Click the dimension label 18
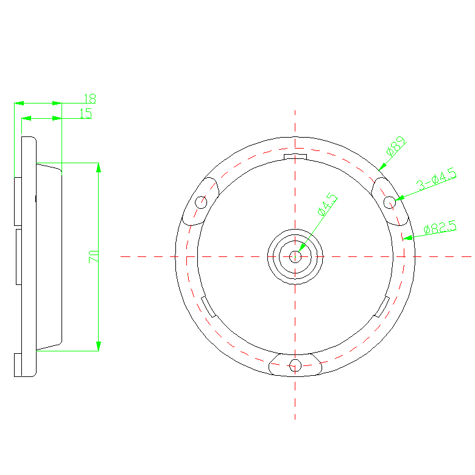(90, 99)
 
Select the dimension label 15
(86, 114)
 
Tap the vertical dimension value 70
(94, 256)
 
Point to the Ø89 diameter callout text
(396, 146)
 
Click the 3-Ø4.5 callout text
(437, 179)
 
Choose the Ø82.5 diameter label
(440, 227)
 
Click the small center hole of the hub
(295, 256)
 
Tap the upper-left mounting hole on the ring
(201, 202)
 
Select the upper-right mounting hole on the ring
(390, 202)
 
